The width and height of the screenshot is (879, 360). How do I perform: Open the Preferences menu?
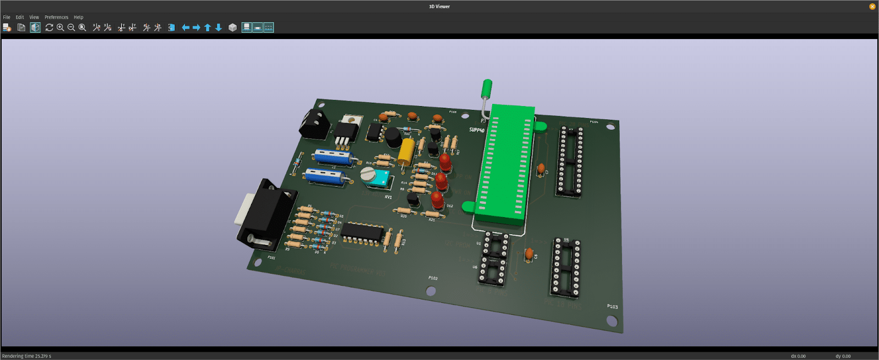point(56,17)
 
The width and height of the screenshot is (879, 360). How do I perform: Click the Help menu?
point(79,17)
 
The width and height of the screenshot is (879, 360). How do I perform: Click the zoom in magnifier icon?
point(60,27)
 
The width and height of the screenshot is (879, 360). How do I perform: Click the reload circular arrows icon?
point(49,27)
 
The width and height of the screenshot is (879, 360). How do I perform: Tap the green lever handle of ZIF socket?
point(486,88)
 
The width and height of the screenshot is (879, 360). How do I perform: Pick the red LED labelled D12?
point(437,200)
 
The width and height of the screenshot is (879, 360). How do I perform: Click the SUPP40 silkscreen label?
point(476,130)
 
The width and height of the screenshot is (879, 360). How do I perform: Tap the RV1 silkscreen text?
point(388,197)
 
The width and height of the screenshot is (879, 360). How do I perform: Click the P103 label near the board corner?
point(612,306)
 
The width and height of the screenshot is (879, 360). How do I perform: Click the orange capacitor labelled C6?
point(528,254)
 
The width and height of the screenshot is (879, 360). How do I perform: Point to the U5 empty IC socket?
point(566,268)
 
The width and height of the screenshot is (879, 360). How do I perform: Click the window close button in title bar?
point(872,7)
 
